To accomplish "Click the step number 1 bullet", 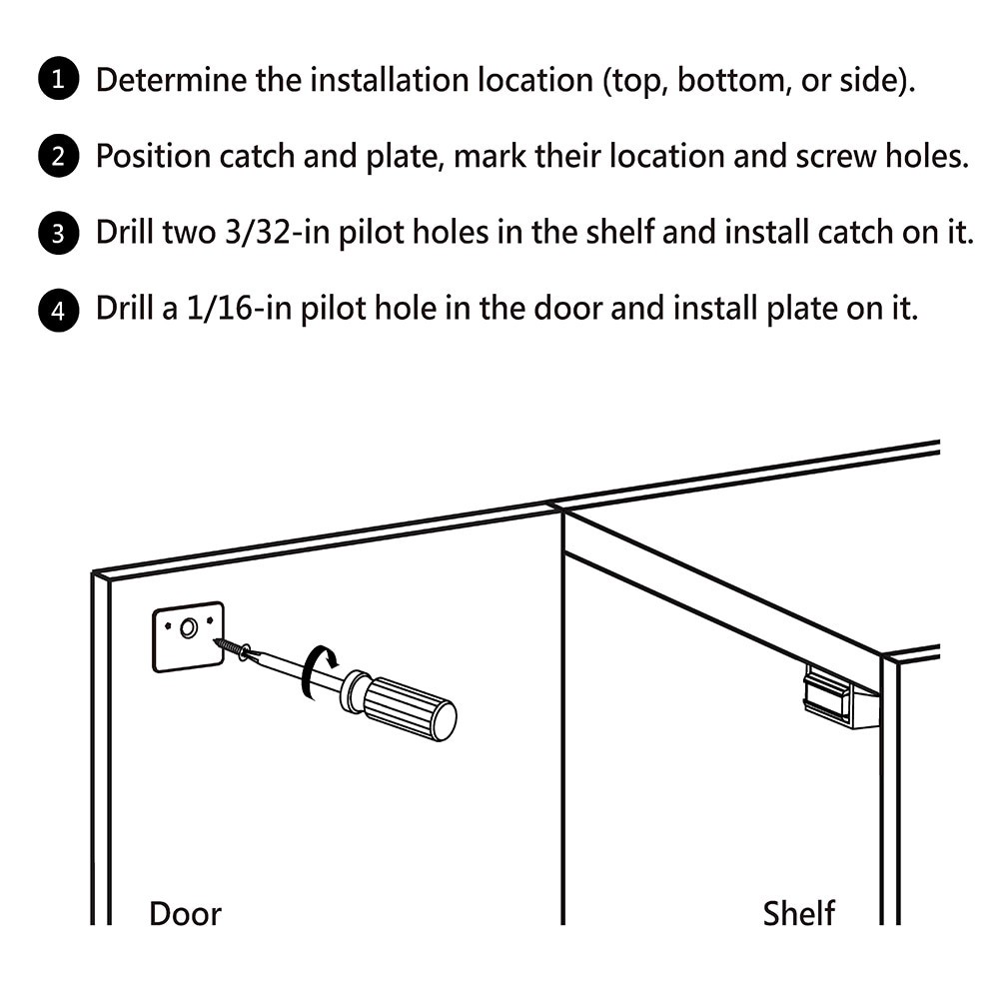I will [x=59, y=80].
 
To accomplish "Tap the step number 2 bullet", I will [x=59, y=157].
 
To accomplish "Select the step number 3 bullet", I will [x=59, y=234].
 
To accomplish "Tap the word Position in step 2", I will [x=153, y=157].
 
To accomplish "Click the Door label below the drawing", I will [x=185, y=913].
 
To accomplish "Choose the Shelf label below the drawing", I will [x=799, y=913].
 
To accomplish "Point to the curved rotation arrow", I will [x=323, y=660].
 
